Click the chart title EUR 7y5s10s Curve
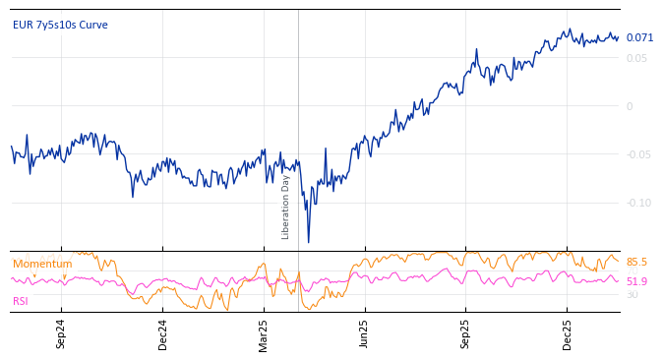click(x=60, y=25)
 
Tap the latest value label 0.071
click(x=639, y=38)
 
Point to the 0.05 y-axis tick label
click(x=637, y=58)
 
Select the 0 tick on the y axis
click(x=630, y=106)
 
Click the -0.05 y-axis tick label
click(x=638, y=154)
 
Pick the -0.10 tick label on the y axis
click(x=638, y=203)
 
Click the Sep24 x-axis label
click(x=61, y=333)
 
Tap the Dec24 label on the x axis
click(x=162, y=333)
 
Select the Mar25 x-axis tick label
click(x=264, y=333)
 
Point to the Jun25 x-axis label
click(x=364, y=333)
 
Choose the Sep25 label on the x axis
click(x=465, y=333)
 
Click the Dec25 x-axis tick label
click(x=567, y=333)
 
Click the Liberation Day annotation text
click(x=286, y=207)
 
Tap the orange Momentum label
click(x=42, y=264)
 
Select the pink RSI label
click(x=21, y=301)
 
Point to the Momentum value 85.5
click(x=637, y=263)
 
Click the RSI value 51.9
click(x=637, y=281)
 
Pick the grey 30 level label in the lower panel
click(x=633, y=294)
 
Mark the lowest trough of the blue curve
click(x=308, y=242)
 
